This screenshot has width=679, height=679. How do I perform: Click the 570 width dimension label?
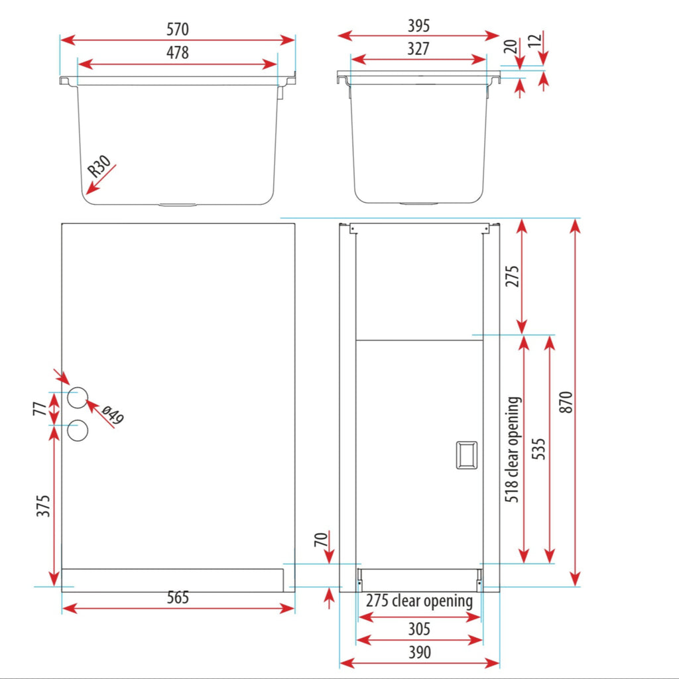pos(178,29)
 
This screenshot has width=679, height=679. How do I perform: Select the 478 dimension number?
pos(178,53)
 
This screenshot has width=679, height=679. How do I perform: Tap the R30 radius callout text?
pos(99,166)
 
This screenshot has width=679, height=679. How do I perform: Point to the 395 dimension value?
pos(419,26)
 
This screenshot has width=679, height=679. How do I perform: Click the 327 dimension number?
pos(418,49)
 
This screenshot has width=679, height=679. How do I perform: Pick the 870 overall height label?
pos(566,402)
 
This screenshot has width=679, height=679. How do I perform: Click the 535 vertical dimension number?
pos(538,449)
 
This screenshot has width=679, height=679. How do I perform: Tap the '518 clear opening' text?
pos(513,450)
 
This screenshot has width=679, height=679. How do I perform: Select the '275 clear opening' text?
pos(419,601)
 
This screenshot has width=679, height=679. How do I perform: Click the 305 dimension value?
pos(419,629)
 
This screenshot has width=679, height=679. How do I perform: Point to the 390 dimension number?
pos(420,652)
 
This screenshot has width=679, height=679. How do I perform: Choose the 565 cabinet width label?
pos(178,597)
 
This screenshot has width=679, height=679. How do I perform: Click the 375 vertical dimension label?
pos(43,506)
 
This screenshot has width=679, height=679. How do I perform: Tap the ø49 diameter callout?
pos(113,415)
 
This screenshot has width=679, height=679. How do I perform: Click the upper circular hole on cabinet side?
pos(78,398)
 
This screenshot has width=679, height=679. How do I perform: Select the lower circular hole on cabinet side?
pos(78,430)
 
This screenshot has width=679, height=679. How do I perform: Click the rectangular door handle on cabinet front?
pos(467,455)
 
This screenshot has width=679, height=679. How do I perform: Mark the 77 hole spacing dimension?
pos(40,408)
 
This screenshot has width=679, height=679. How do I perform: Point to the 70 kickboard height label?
pos(321,540)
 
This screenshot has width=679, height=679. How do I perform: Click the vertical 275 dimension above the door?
pos(512,277)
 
